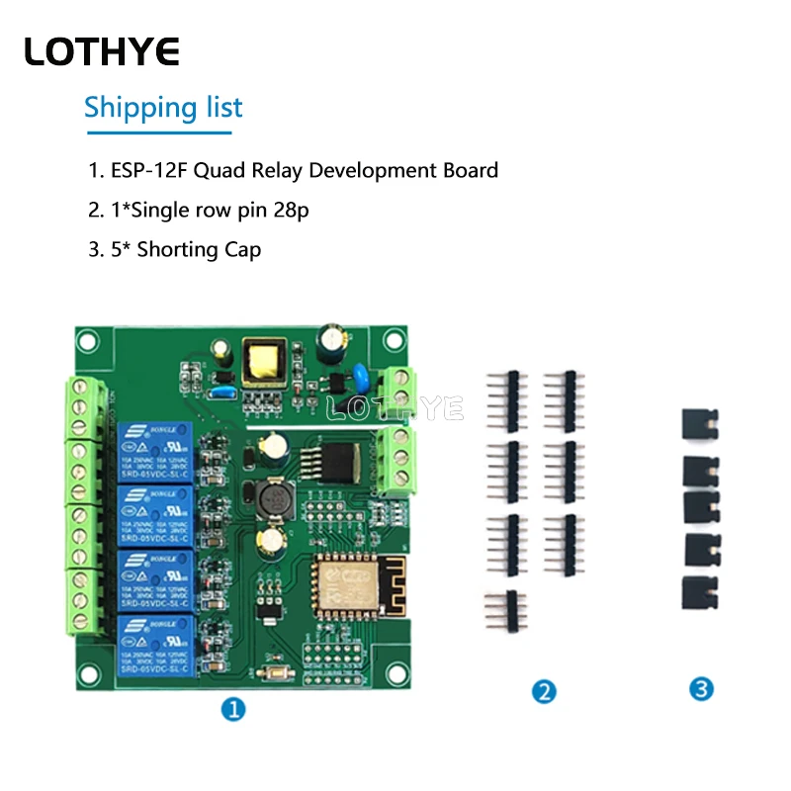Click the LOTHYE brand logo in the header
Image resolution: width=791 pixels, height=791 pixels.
(102, 50)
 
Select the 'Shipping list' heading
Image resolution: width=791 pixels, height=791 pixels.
(163, 107)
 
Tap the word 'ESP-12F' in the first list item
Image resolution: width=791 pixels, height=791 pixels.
(148, 170)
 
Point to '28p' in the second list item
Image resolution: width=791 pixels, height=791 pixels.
(305, 210)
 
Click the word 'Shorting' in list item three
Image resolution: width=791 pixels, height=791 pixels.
(177, 249)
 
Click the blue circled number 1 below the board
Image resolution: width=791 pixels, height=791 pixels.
(233, 709)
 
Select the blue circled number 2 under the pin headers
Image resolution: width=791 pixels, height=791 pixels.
(543, 691)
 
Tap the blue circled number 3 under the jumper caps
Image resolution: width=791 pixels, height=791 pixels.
(702, 689)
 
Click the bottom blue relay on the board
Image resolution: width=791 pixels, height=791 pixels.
(155, 645)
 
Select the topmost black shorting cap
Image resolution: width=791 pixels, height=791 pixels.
(700, 425)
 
